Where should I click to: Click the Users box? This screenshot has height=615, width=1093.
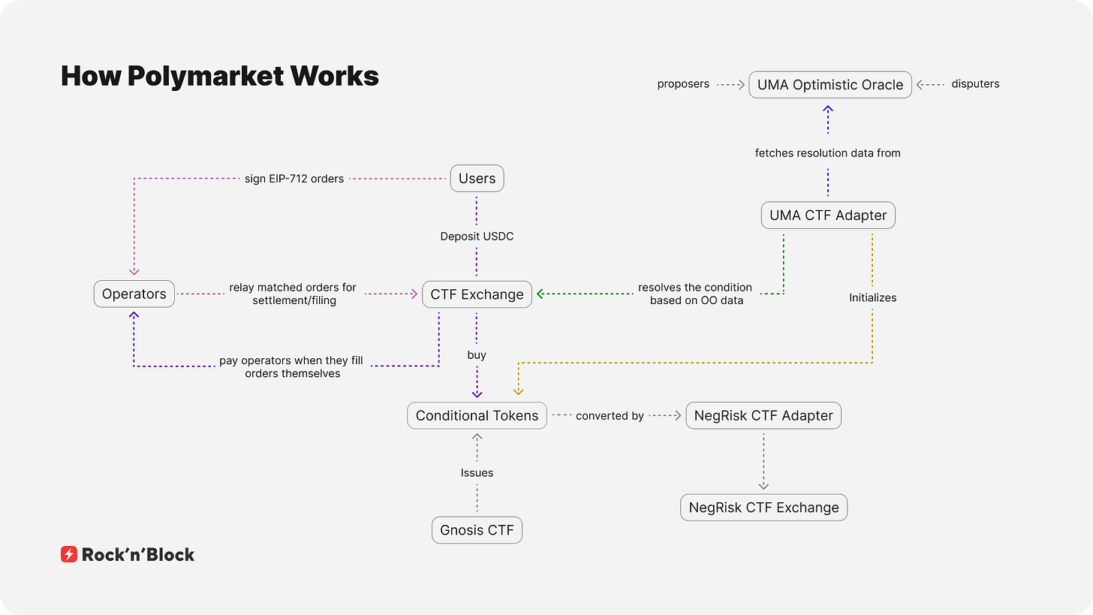click(x=477, y=179)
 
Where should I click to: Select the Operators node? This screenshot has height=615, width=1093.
click(x=134, y=294)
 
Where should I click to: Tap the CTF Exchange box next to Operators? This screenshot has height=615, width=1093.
click(x=477, y=294)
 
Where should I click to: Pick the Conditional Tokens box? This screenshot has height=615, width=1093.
click(x=477, y=415)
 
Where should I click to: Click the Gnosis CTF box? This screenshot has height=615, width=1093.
click(x=477, y=530)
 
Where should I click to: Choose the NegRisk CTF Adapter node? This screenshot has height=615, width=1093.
click(x=763, y=415)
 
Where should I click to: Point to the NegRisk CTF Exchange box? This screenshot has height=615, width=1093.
click(x=763, y=508)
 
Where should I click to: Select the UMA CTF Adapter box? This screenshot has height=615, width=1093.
click(x=828, y=216)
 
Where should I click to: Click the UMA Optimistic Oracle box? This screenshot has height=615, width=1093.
click(x=830, y=85)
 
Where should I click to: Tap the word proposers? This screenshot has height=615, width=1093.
click(x=683, y=84)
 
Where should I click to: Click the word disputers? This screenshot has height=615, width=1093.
click(x=976, y=84)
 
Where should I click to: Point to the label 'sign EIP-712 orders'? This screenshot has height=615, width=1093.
click(x=294, y=179)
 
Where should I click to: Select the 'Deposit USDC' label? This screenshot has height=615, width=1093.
click(x=477, y=237)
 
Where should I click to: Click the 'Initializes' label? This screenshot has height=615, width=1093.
click(x=872, y=297)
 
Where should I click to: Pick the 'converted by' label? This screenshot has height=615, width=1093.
click(x=610, y=415)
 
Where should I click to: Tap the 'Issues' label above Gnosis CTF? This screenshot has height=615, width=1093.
click(x=477, y=473)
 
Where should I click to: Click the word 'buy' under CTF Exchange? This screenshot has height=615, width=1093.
click(x=477, y=354)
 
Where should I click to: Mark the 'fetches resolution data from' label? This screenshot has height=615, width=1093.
click(x=827, y=153)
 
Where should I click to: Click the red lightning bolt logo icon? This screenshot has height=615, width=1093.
click(x=69, y=555)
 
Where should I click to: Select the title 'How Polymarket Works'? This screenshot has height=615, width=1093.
click(x=219, y=76)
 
